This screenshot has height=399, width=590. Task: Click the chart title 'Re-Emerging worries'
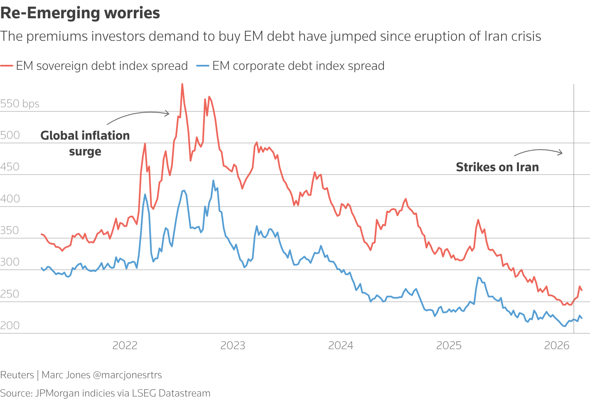[x=80, y=13]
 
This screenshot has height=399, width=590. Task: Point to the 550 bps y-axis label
[x=20, y=103]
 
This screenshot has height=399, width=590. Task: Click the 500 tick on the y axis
[x=10, y=135]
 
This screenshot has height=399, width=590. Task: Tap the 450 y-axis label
[x=10, y=167]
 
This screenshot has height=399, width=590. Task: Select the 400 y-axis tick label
[x=10, y=199]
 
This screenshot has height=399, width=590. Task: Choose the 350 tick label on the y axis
[x=10, y=230]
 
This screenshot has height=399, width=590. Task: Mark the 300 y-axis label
[x=10, y=262]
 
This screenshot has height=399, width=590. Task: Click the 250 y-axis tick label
[x=10, y=294]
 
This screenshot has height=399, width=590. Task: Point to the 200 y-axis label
[x=10, y=325]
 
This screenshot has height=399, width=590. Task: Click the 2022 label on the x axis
[x=125, y=345]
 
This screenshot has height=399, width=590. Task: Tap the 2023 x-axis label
[x=233, y=345]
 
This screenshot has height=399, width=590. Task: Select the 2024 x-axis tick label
[x=341, y=345]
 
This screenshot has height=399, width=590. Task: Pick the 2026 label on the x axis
[x=557, y=345]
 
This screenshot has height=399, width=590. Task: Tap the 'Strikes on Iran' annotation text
[x=497, y=167]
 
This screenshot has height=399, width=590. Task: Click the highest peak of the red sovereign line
[x=182, y=84]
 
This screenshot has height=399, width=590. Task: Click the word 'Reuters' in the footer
[x=17, y=375]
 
